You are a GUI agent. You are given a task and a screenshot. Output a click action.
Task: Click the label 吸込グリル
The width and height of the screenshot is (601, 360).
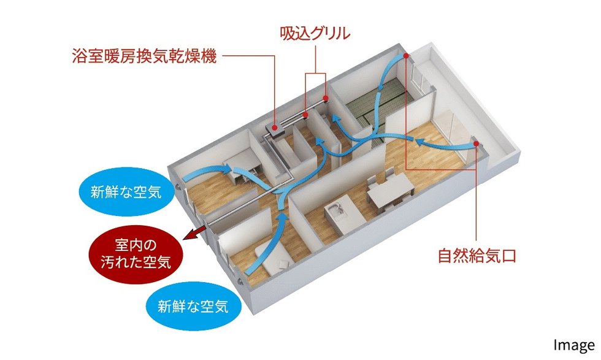pyautogui.click(x=315, y=34)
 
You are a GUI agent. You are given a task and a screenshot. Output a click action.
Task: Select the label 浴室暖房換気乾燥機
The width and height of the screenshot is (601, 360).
pyautogui.click(x=144, y=56)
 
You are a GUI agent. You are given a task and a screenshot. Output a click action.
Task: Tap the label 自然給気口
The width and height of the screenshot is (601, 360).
pyautogui.click(x=477, y=256)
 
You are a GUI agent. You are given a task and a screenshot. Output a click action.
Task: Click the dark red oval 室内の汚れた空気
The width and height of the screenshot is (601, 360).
pyautogui.click(x=136, y=254)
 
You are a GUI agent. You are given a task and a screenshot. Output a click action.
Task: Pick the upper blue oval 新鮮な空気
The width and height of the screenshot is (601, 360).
pyautogui.click(x=126, y=192)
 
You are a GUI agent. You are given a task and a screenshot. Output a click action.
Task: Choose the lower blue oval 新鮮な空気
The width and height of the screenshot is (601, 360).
pyautogui.click(x=193, y=306)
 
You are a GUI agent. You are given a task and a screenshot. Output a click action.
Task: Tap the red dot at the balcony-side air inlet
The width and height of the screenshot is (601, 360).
pyautogui.click(x=476, y=144)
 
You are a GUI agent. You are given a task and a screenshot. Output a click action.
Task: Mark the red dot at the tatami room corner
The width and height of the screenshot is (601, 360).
pyautogui.click(x=405, y=56)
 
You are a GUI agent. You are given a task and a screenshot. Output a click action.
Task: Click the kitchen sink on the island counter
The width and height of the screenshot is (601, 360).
pyautogui.click(x=335, y=210)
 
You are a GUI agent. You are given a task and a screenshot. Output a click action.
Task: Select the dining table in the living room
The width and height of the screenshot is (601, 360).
pyautogui.click(x=391, y=189)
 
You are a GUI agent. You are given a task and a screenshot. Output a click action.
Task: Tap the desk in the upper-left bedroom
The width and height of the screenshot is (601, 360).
pyautogui.click(x=242, y=164)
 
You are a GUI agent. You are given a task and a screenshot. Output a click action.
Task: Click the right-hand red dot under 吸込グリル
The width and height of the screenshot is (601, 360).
pyautogui.click(x=326, y=98)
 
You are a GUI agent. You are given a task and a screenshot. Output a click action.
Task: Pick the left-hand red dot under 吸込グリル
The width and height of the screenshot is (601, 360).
pyautogui.click(x=305, y=115)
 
